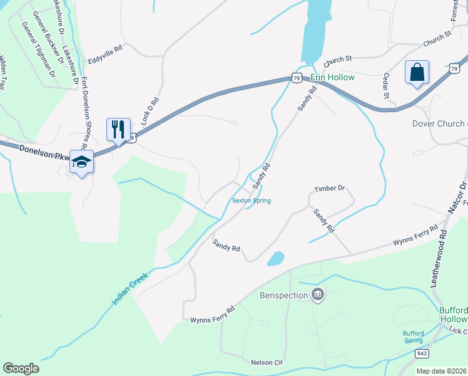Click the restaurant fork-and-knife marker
coord(118,129)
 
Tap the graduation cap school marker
coord(81,162)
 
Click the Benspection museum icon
coord(318,295)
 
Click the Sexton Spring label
coord(251,201)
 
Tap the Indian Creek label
coord(130,288)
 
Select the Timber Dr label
coord(330,188)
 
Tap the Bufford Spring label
coord(414,337)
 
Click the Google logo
coord(21,368)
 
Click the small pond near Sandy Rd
coord(275,258)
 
